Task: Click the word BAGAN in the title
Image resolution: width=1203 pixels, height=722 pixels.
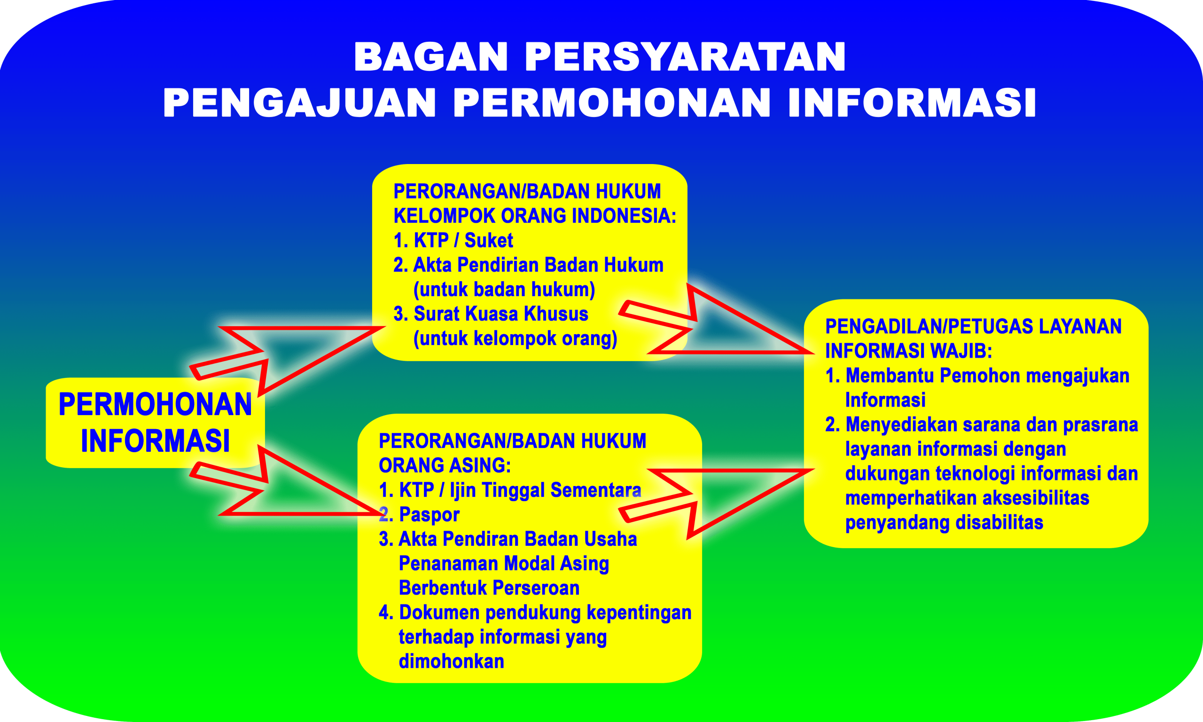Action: [431, 57]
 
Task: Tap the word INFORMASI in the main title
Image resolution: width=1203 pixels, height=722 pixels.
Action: [912, 103]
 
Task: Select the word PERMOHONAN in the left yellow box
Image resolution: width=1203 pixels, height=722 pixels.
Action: [155, 404]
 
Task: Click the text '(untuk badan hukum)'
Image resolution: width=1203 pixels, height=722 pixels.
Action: [504, 290]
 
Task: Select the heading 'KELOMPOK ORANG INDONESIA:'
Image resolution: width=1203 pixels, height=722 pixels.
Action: [534, 216]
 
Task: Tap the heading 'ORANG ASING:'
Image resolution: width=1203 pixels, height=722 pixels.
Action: [445, 466]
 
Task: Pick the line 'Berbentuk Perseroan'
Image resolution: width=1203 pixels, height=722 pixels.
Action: [489, 588]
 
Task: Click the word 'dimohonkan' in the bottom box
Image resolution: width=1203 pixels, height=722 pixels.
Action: [451, 661]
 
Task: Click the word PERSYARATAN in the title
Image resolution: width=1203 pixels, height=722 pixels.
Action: [685, 57]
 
